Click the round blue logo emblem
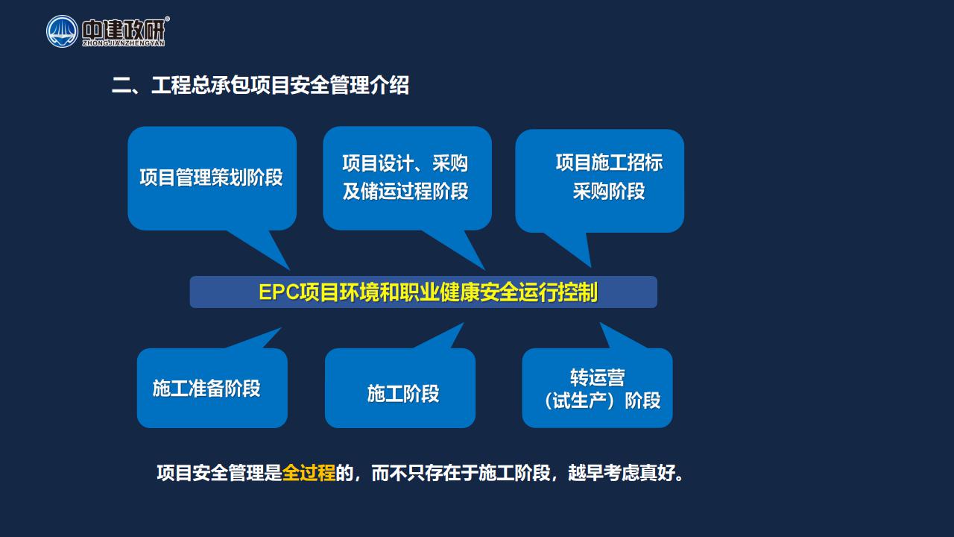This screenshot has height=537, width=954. [62, 31]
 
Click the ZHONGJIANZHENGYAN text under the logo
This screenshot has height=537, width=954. [124, 43]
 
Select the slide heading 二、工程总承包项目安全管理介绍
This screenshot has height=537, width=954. [260, 85]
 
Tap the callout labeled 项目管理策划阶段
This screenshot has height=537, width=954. [212, 178]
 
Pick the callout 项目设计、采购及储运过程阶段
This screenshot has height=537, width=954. [407, 178]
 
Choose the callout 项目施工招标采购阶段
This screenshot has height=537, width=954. [600, 180]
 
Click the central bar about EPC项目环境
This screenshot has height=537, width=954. [423, 292]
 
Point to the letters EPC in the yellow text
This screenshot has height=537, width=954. [279, 292]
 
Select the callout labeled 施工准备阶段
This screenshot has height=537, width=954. [212, 388]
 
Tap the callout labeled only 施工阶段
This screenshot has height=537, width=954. [400, 388]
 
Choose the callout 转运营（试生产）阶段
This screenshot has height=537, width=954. [597, 388]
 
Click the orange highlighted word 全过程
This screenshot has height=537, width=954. [309, 473]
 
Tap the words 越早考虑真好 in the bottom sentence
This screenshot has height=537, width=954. [621, 473]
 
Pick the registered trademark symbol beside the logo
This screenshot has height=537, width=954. [167, 19]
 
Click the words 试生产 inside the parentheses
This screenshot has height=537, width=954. [580, 401]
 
